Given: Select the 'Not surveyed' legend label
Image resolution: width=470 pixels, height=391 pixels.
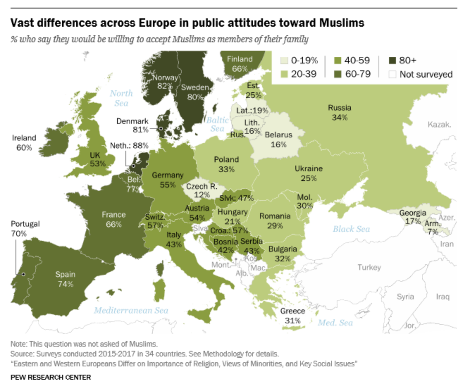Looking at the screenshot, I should (x=426, y=74).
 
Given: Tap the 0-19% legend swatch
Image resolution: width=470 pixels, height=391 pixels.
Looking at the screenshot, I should (x=284, y=61).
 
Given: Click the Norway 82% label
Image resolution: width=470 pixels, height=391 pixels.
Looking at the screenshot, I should (x=165, y=82).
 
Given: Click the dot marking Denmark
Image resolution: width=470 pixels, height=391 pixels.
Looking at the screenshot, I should (x=161, y=129).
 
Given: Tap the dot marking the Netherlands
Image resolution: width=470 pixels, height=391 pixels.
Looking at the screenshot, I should (x=134, y=166).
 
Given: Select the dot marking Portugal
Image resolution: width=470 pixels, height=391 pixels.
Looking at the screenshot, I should (x=23, y=274).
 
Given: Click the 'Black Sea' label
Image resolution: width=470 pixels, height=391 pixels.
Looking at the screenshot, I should (x=351, y=229).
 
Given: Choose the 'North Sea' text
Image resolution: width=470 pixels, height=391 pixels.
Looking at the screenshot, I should (x=121, y=98).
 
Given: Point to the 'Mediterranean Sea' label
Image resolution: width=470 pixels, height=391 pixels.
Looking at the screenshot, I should (x=131, y=310).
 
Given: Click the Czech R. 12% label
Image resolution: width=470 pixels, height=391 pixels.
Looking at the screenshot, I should (x=202, y=190).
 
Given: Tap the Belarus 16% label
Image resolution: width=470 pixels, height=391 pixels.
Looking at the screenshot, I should (x=278, y=139).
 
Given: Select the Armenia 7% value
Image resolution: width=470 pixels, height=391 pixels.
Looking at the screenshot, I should (x=433, y=232).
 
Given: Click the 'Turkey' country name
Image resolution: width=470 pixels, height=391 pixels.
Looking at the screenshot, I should (x=369, y=267).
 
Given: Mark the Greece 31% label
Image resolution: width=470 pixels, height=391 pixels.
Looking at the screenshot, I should (x=292, y=316).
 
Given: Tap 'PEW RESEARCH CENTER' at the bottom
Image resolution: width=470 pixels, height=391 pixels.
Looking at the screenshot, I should (x=51, y=377).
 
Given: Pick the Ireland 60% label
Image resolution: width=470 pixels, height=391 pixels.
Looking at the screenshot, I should (x=24, y=143).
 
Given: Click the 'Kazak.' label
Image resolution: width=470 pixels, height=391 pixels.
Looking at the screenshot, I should (x=439, y=124).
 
